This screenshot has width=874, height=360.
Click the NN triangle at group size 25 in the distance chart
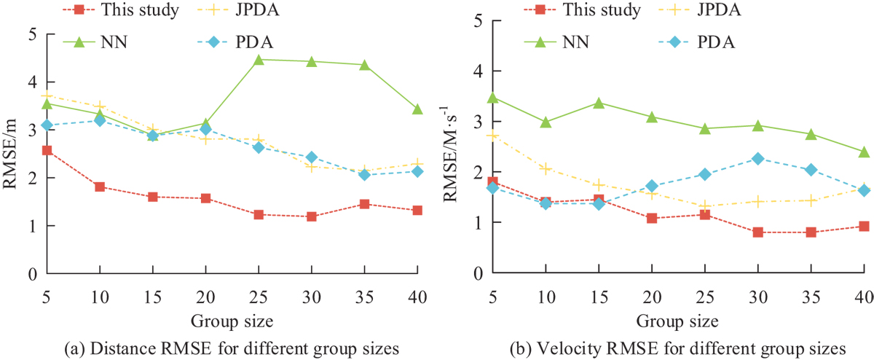click(259, 59)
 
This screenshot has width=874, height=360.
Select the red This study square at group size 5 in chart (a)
click(47, 150)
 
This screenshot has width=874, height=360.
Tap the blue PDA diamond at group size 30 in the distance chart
click(312, 157)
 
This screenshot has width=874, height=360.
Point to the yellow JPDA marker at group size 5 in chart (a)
click(47, 95)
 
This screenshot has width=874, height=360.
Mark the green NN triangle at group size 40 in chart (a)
click(417, 109)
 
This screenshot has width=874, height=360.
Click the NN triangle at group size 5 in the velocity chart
click(492, 97)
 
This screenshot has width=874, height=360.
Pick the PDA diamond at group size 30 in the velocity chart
click(757, 159)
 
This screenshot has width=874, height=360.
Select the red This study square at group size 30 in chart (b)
click(757, 232)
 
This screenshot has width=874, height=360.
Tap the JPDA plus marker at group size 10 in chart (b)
click(546, 169)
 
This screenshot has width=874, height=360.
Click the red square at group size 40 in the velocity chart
click(864, 227)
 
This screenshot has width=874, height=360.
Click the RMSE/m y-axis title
click(11, 154)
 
